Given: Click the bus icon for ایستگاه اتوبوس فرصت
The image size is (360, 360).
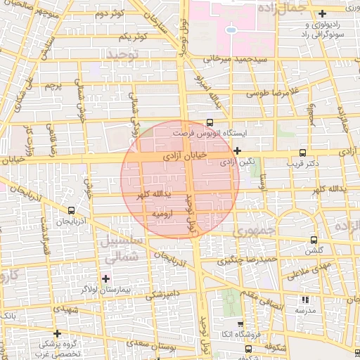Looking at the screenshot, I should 210,122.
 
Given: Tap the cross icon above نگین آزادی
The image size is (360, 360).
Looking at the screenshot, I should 238,150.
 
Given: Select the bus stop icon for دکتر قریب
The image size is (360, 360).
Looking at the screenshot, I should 303,153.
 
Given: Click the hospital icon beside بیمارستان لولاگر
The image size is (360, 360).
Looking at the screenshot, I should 105,278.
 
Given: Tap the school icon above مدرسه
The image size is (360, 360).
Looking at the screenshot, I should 304,300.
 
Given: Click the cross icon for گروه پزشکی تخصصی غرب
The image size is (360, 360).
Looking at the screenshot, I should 58,333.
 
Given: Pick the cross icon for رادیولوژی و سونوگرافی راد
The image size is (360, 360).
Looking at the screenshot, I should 322,13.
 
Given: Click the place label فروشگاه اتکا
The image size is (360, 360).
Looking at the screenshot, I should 232,334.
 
